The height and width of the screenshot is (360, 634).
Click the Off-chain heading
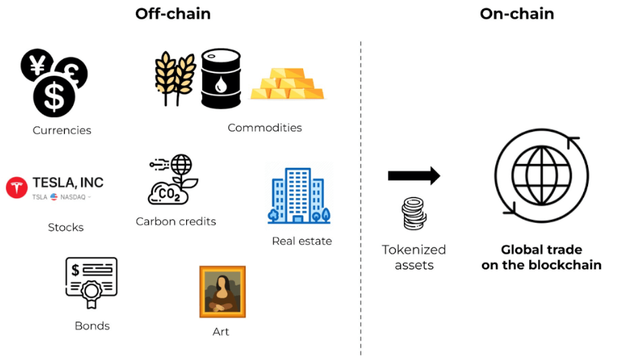[x=173, y=14]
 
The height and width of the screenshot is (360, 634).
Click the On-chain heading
[x=517, y=14]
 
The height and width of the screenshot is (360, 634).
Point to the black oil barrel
[x=221, y=79]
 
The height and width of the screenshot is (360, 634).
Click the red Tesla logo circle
[x=17, y=187]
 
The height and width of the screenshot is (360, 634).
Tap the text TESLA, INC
[x=68, y=183]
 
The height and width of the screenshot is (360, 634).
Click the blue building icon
[x=299, y=196]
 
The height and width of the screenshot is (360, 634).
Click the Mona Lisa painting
[x=222, y=292]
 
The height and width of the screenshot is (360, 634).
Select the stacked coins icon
[x=413, y=215]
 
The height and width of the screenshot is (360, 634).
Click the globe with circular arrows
[x=541, y=174]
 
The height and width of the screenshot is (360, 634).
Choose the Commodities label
[x=265, y=128]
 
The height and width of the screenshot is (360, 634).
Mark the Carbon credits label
[x=176, y=221]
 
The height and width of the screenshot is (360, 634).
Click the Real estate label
[x=302, y=241]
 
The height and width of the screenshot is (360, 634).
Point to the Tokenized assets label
[x=414, y=257]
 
